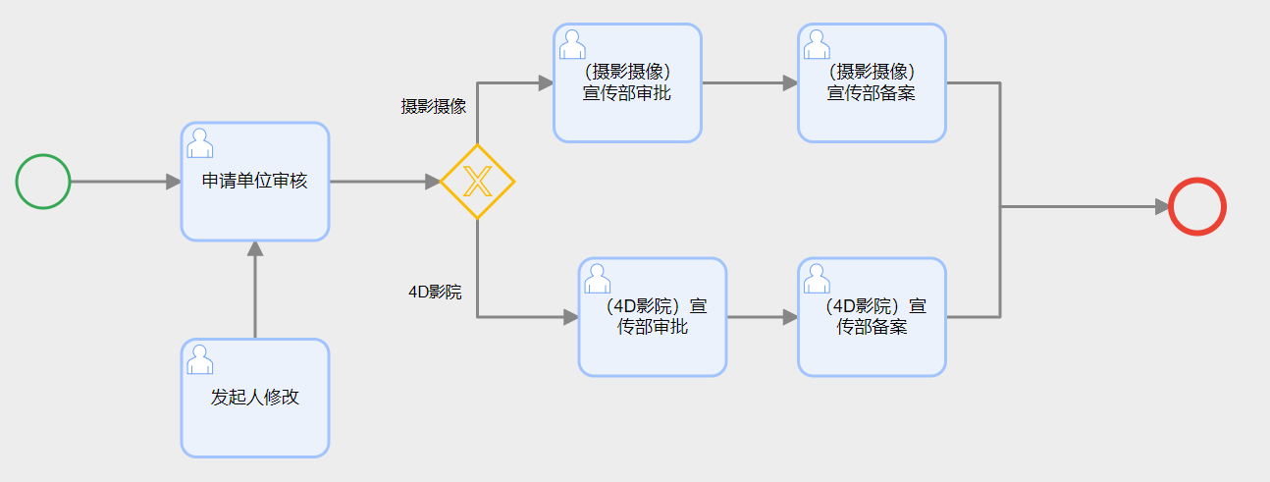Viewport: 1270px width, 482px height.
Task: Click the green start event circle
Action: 43,182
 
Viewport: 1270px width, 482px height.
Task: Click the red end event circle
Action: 1197,207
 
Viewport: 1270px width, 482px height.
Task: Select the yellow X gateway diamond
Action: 477,182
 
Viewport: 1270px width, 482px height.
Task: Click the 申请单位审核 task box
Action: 254,182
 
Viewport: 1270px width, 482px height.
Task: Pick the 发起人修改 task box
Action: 254,398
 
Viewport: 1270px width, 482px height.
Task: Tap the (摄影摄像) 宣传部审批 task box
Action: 627,83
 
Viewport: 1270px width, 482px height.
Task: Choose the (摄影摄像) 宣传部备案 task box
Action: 872,83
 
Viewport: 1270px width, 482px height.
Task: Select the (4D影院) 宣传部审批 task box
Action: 653,317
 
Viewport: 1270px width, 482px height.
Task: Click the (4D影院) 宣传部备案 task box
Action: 872,317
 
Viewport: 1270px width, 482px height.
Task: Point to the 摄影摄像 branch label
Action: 433,106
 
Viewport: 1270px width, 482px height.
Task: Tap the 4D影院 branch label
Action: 435,293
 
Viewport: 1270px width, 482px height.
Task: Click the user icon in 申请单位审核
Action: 200,143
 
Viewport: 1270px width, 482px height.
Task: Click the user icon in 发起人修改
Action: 200,359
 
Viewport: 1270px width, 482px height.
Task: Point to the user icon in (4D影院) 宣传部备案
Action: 818,279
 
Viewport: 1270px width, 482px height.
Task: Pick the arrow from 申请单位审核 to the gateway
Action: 383,182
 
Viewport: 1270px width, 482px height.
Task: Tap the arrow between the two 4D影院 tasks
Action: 762,317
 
